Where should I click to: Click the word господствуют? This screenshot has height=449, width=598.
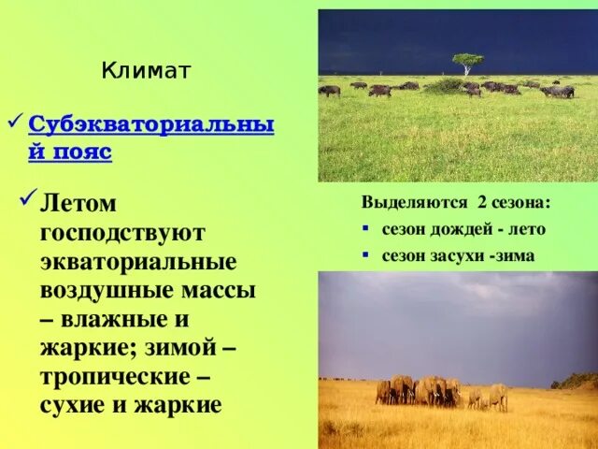(x=122, y=231)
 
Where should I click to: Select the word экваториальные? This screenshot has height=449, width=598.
(x=137, y=260)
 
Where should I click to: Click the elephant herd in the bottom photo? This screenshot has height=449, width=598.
(x=420, y=390)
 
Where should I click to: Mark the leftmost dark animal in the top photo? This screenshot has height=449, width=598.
(x=329, y=91)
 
